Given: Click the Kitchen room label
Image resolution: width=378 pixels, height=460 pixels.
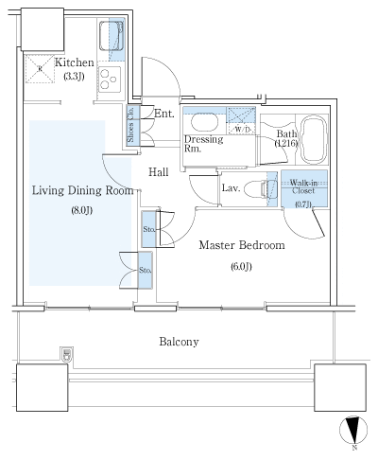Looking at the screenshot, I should pos(74,62).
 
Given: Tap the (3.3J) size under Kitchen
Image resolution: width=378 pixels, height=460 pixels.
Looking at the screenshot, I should pos(75,77).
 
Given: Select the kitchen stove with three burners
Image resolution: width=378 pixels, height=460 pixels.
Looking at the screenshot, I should pos(112,77).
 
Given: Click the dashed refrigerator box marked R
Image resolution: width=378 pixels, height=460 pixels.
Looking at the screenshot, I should pos(40,68).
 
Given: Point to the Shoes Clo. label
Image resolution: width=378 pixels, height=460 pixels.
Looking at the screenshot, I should pos(130,127).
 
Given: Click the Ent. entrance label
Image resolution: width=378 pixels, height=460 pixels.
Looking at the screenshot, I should pos(163,114).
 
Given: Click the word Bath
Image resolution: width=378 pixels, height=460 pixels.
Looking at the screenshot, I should pos(286,133).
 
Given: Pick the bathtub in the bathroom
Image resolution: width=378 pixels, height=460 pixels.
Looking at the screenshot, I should pos(312,136).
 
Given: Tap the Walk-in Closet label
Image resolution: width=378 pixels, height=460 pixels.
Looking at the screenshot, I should pos(303,186).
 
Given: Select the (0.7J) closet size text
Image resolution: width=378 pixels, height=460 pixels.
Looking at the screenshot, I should pos(303,203).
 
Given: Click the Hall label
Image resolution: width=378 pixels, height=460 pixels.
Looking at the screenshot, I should pos(160,171).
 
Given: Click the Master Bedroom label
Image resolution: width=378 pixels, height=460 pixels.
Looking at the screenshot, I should pos(242,245).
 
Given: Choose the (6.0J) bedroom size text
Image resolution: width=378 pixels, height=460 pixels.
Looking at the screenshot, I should pos(242,266).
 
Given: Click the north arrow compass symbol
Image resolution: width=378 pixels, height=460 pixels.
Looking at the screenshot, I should pos(353,431).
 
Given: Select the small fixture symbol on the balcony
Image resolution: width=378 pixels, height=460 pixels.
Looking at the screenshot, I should pos(66,356).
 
